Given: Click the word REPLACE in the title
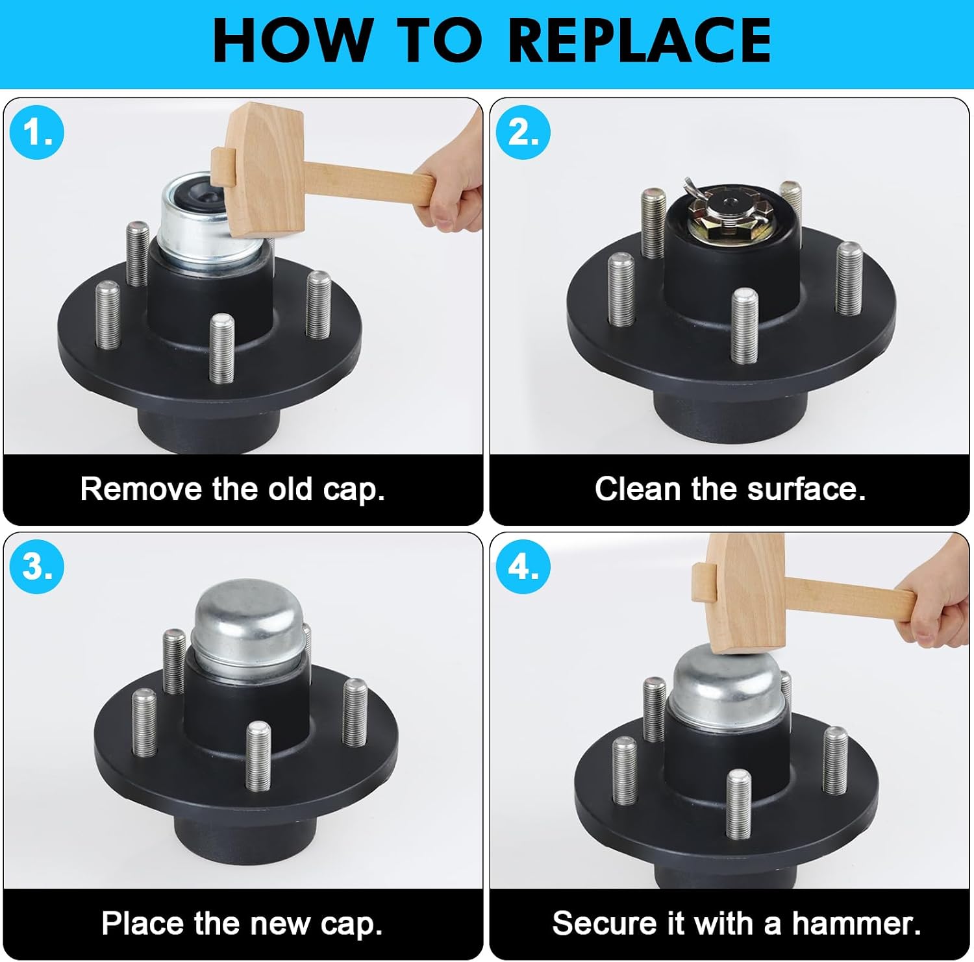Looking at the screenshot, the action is (x=640, y=40).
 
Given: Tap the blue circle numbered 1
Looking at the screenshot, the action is (x=37, y=132).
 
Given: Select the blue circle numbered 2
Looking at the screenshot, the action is (x=523, y=132).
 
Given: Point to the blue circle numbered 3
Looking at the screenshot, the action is (x=37, y=567).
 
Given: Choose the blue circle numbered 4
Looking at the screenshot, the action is (x=523, y=567).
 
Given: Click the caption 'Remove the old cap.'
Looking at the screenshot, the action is (x=232, y=489).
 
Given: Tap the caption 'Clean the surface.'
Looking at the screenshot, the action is (x=730, y=489).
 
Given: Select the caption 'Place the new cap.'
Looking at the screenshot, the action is (x=242, y=923).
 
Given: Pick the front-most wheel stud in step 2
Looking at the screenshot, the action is (x=744, y=326).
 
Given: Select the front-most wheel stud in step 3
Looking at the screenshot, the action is (x=258, y=755).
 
